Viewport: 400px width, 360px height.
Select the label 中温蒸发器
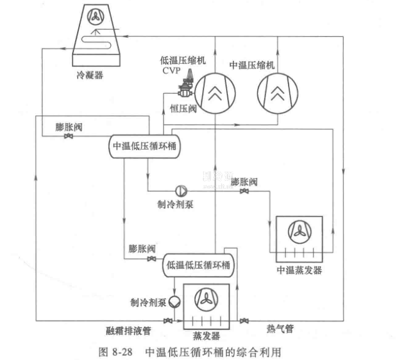click(x=298, y=270)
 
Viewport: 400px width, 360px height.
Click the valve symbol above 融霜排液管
click(x=167, y=321)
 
